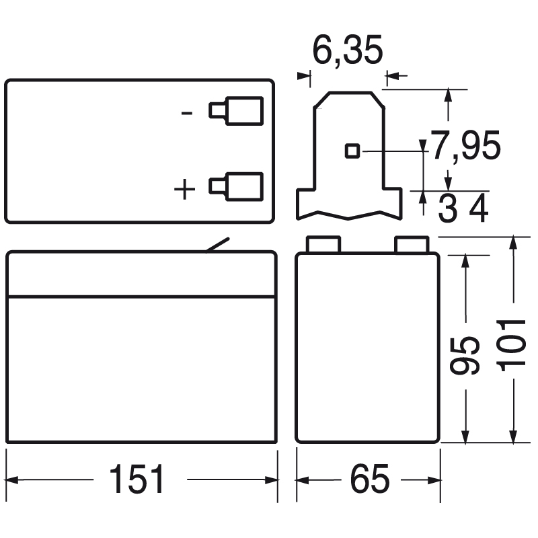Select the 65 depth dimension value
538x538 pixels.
click(x=369, y=479)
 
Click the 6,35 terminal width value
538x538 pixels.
click(x=348, y=51)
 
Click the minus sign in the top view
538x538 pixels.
click(x=188, y=112)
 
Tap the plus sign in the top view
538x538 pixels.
click(x=184, y=190)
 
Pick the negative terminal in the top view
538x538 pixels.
click(x=236, y=110)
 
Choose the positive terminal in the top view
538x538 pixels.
click(x=236, y=186)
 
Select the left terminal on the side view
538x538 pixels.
click(x=323, y=244)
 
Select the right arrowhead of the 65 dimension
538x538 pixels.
click(x=431, y=479)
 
